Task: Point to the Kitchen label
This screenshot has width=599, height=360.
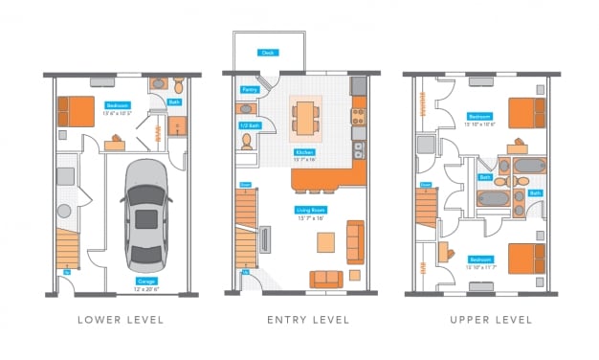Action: pos(305,151)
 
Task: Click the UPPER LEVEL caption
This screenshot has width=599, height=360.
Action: pos(479,320)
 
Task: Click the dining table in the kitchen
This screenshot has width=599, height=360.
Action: pos(305,118)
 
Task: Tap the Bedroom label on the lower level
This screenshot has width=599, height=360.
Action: pos(117,105)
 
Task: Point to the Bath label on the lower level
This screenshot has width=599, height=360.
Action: pos(175,102)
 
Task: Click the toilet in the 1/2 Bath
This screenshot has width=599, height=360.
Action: pos(247,142)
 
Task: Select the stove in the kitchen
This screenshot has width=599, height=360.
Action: pos(358,117)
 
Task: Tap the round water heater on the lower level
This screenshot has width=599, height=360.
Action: pos(65,211)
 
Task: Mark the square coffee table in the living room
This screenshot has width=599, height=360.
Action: pos(326,239)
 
